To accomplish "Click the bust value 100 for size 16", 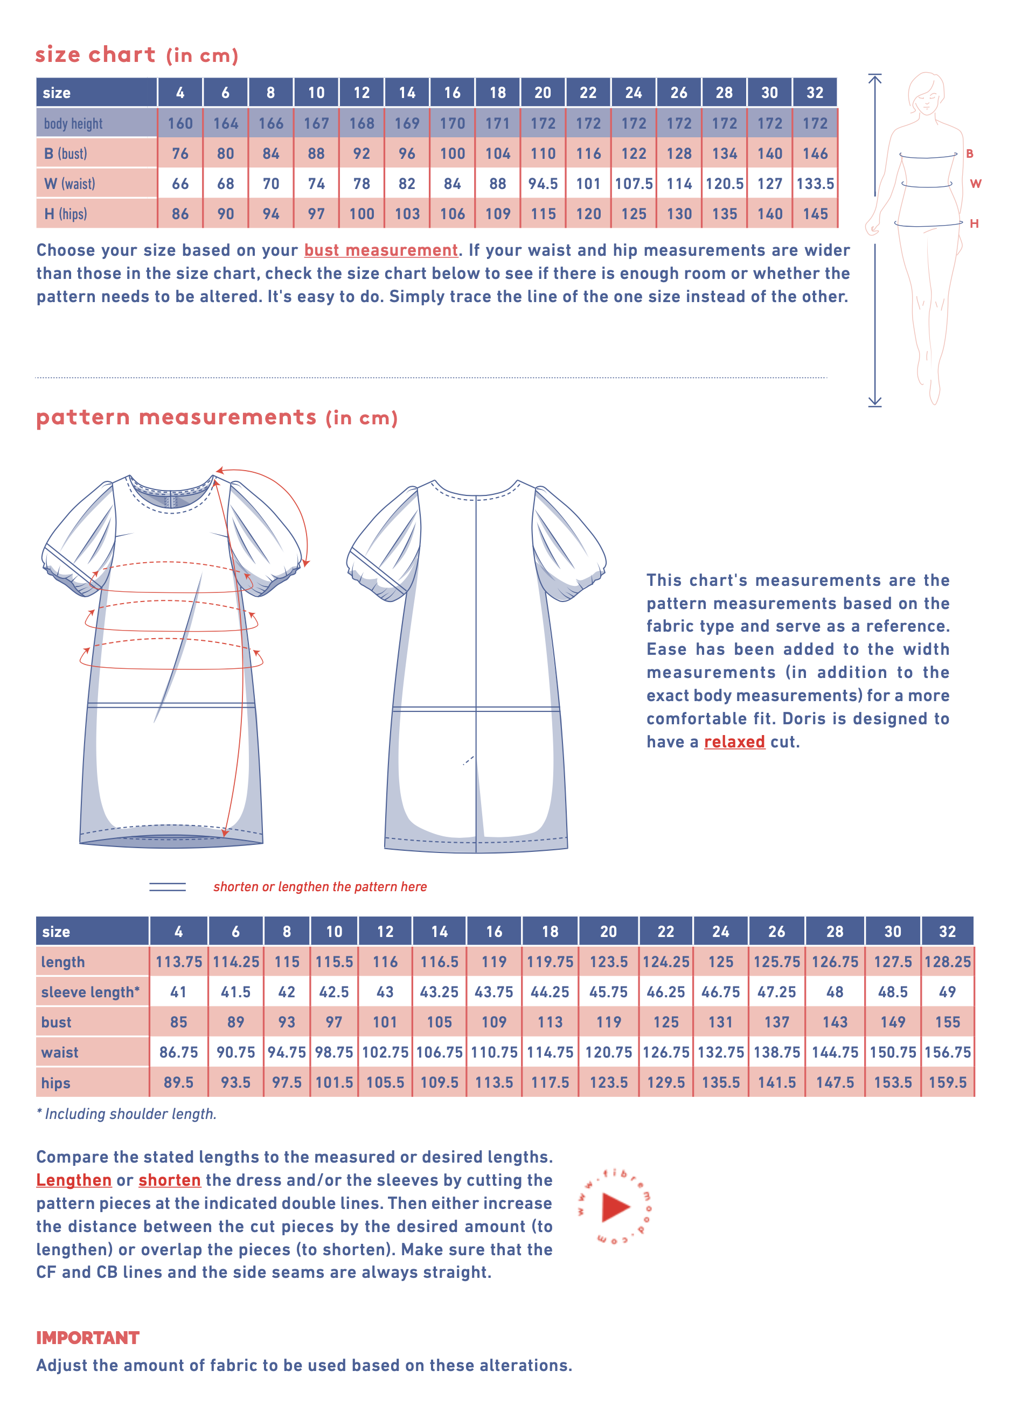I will [452, 153].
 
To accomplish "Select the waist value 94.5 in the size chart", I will [543, 184].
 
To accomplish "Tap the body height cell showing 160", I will [180, 123].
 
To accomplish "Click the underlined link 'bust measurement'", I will [380, 250].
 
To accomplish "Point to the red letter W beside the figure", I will [975, 184].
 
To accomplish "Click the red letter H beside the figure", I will [974, 223].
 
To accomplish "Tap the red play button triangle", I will [615, 1207].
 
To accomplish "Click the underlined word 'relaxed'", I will [734, 742].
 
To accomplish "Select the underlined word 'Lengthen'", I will [74, 1180].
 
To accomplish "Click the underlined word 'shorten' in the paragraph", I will [170, 1180].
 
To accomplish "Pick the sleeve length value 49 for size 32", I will [947, 992].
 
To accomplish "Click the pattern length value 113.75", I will [179, 962].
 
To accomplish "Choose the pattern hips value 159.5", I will [947, 1083].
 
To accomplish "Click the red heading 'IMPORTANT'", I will [87, 1338].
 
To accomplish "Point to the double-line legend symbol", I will [167, 886].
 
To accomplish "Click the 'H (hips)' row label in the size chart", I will [66, 214].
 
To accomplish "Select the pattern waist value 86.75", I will [179, 1052].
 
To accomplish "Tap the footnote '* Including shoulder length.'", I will [127, 1114].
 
